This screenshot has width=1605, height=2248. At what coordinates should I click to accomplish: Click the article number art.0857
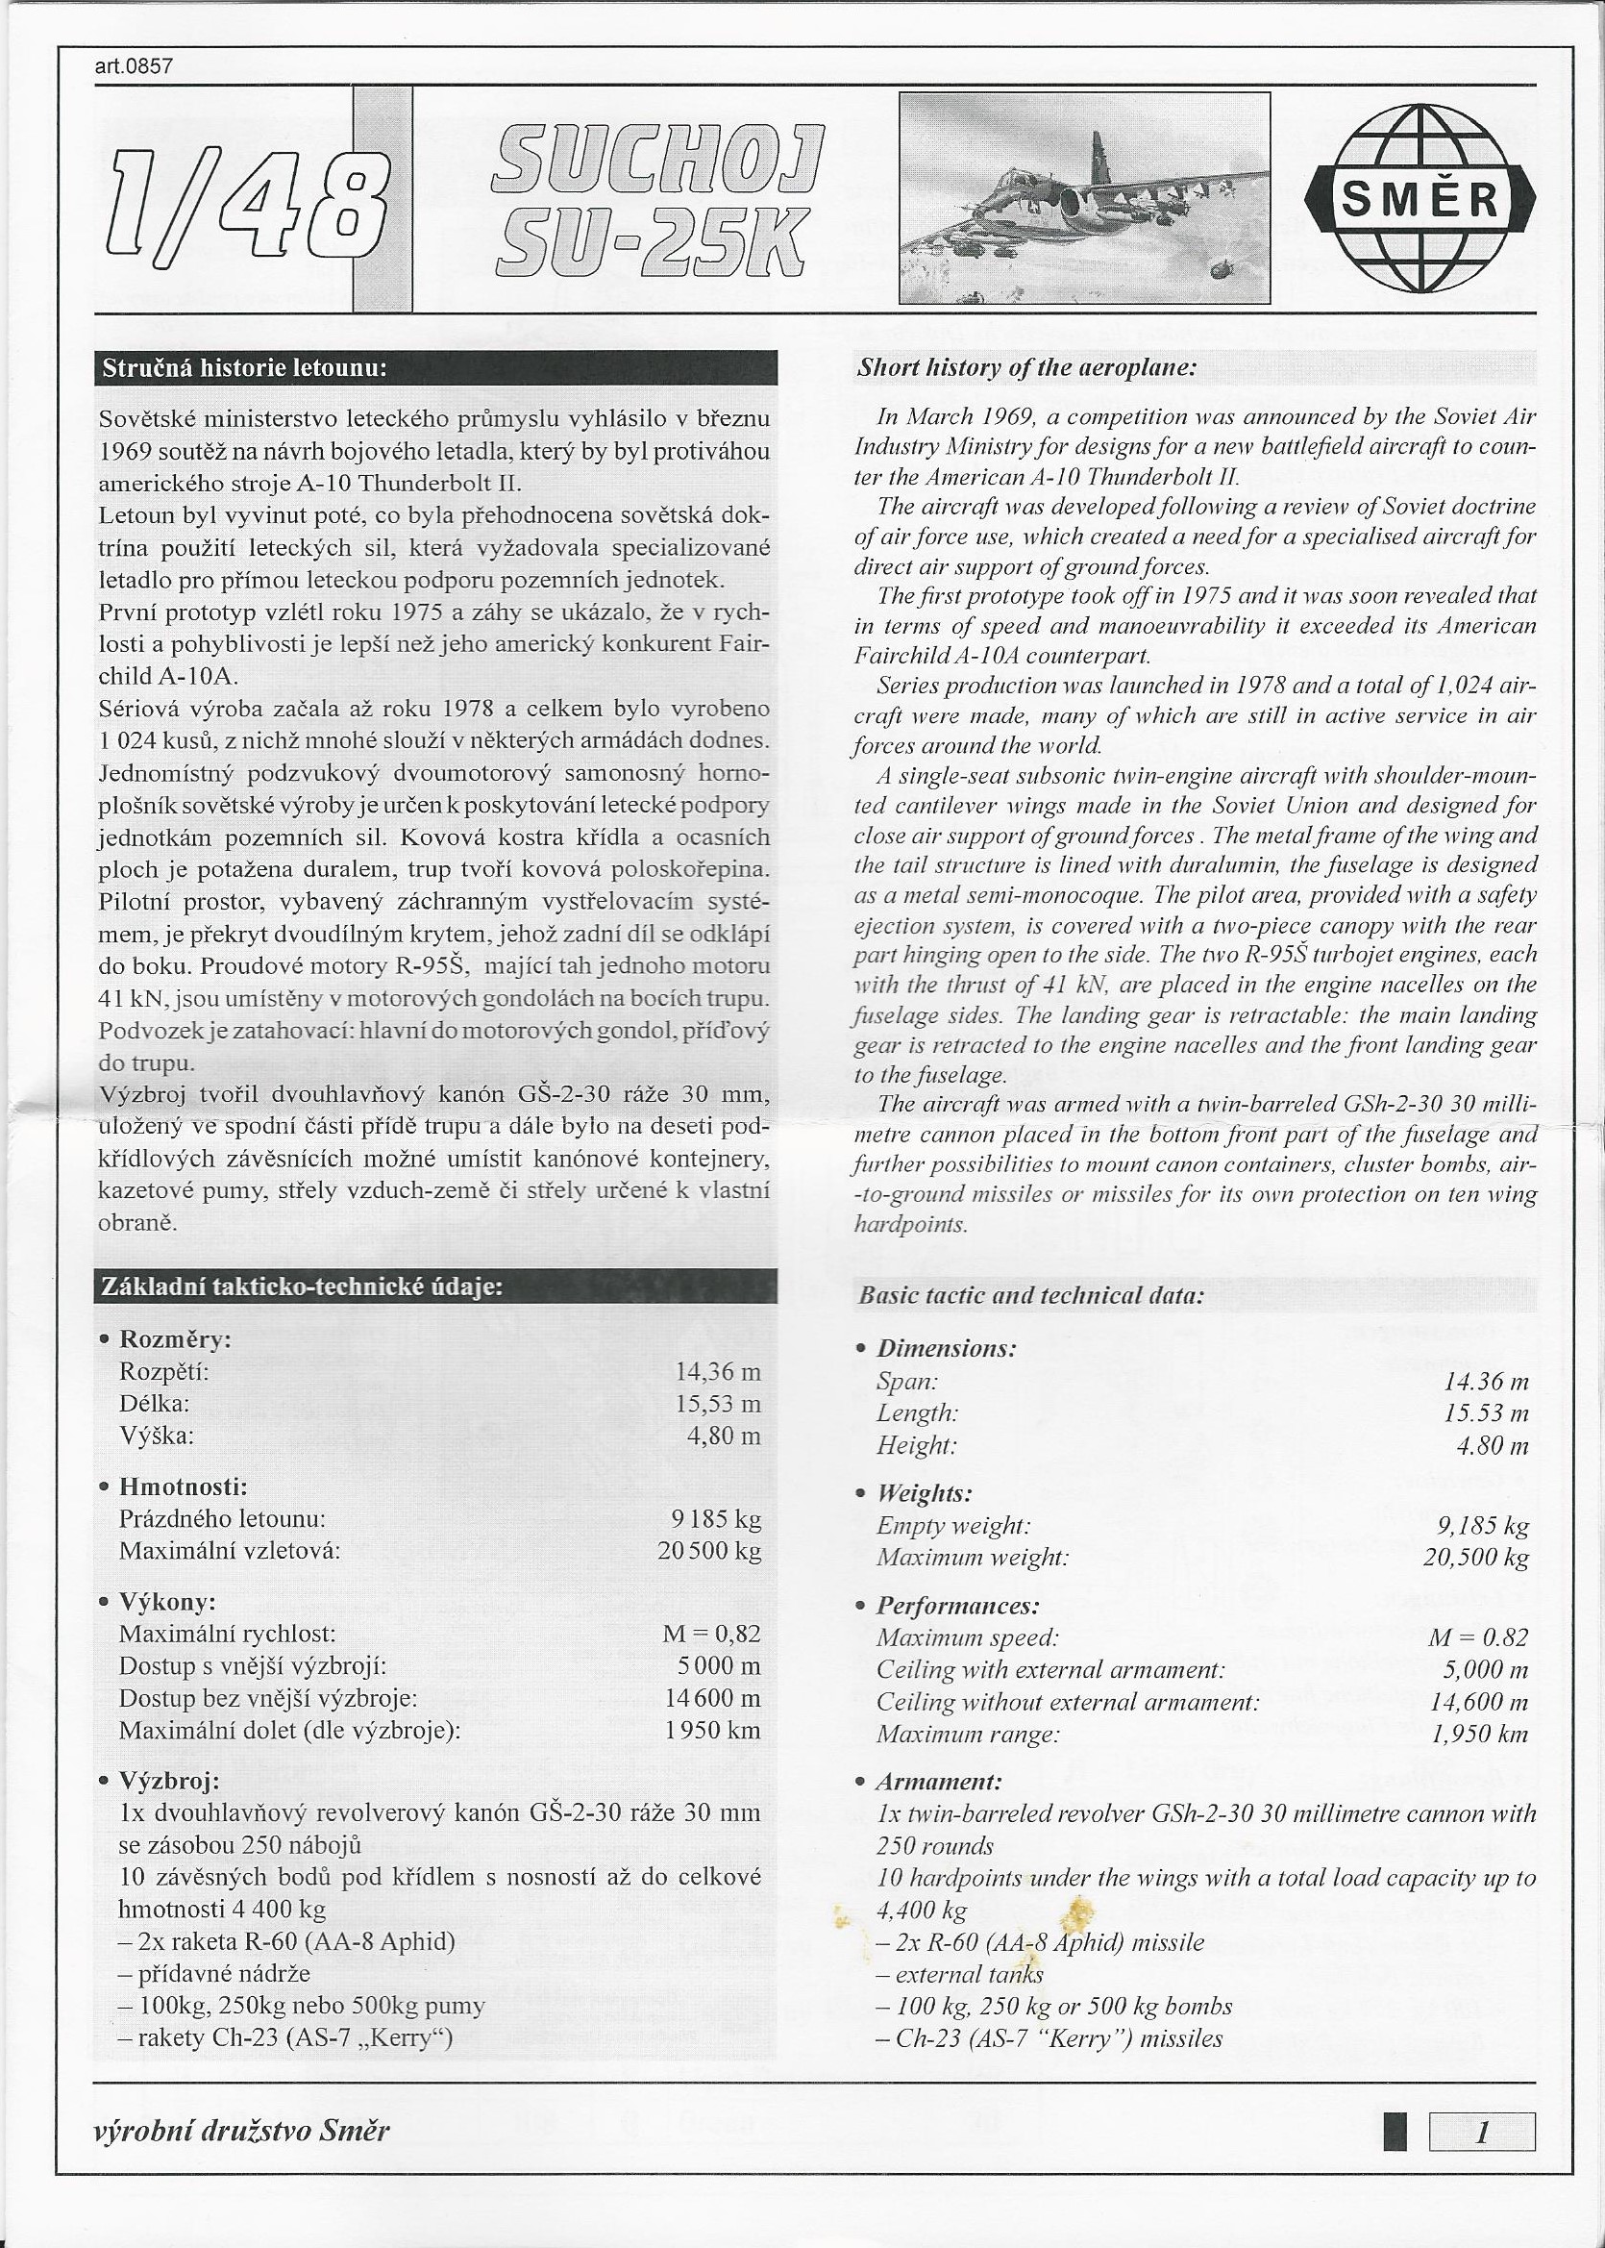coord(134,66)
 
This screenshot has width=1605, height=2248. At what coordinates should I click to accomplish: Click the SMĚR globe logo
coord(1420,199)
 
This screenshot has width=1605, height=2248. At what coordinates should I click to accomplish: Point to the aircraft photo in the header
coord(1083,198)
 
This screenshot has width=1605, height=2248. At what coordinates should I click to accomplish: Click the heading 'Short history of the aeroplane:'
coord(1026,367)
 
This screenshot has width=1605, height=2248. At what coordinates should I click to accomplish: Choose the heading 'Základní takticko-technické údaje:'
coord(301,1286)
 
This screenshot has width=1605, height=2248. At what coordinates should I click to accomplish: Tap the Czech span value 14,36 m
coord(718,1371)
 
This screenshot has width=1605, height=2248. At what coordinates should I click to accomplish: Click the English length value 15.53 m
coord(1487,1412)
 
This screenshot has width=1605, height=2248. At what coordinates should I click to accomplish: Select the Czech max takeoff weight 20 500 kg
coord(708,1550)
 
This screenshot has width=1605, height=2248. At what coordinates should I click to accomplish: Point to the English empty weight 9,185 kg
coord(1482,1526)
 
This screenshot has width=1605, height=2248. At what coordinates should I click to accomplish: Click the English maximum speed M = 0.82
coord(1477,1637)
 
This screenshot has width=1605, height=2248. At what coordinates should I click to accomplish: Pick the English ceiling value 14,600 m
coord(1478,1701)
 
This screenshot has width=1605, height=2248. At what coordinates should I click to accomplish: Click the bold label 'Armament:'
coord(939,1782)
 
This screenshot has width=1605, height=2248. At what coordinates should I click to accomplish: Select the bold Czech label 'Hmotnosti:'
coord(183,1486)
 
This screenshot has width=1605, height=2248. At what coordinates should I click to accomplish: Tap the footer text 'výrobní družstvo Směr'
coord(241,2130)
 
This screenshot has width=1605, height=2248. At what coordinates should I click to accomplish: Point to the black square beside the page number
coord(1395,2133)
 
